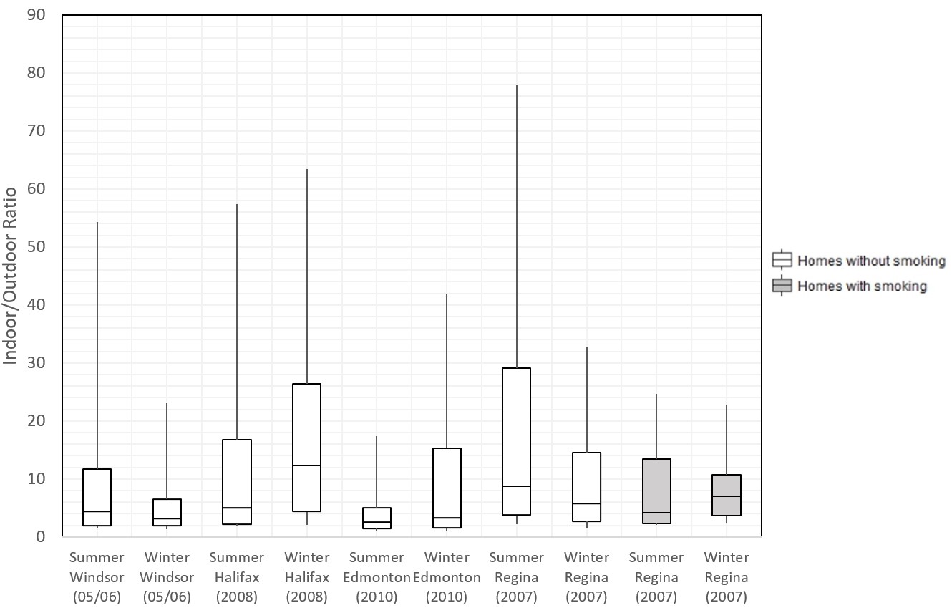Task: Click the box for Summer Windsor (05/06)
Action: tap(97, 497)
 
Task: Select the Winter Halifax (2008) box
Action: tap(306, 447)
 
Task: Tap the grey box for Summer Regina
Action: tap(656, 491)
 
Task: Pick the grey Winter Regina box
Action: tap(726, 495)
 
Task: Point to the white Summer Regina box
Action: tap(516, 441)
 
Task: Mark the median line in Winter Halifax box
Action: tap(306, 465)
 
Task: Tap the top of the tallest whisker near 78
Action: tap(516, 85)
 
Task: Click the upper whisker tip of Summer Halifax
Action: tap(237, 205)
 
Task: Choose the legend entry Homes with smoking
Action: tap(862, 286)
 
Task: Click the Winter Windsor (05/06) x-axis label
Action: tap(167, 577)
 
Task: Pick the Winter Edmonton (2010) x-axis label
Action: tap(447, 577)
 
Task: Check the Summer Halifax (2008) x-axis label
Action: tap(237, 577)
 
